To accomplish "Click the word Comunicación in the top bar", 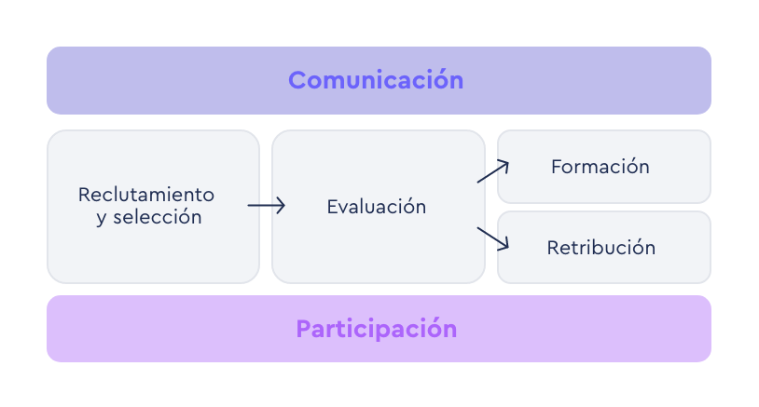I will [376, 80].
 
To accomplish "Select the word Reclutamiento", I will [146, 195].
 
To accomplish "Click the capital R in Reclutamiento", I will [84, 195].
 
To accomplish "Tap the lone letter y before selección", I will [101, 220].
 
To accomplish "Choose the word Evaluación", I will [376, 207].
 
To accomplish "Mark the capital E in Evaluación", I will [332, 207].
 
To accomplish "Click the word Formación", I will [600, 168].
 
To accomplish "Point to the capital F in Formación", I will [557, 168].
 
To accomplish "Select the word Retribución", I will [600, 248].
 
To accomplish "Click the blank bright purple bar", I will [379, 329].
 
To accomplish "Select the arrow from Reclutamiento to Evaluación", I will [266, 206].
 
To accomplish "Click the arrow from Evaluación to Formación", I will [492, 171].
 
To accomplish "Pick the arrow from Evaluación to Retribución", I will [492, 238].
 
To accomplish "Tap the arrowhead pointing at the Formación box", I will [504, 164].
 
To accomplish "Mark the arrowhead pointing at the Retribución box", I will [504, 246].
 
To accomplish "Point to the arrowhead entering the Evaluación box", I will [281, 206].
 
